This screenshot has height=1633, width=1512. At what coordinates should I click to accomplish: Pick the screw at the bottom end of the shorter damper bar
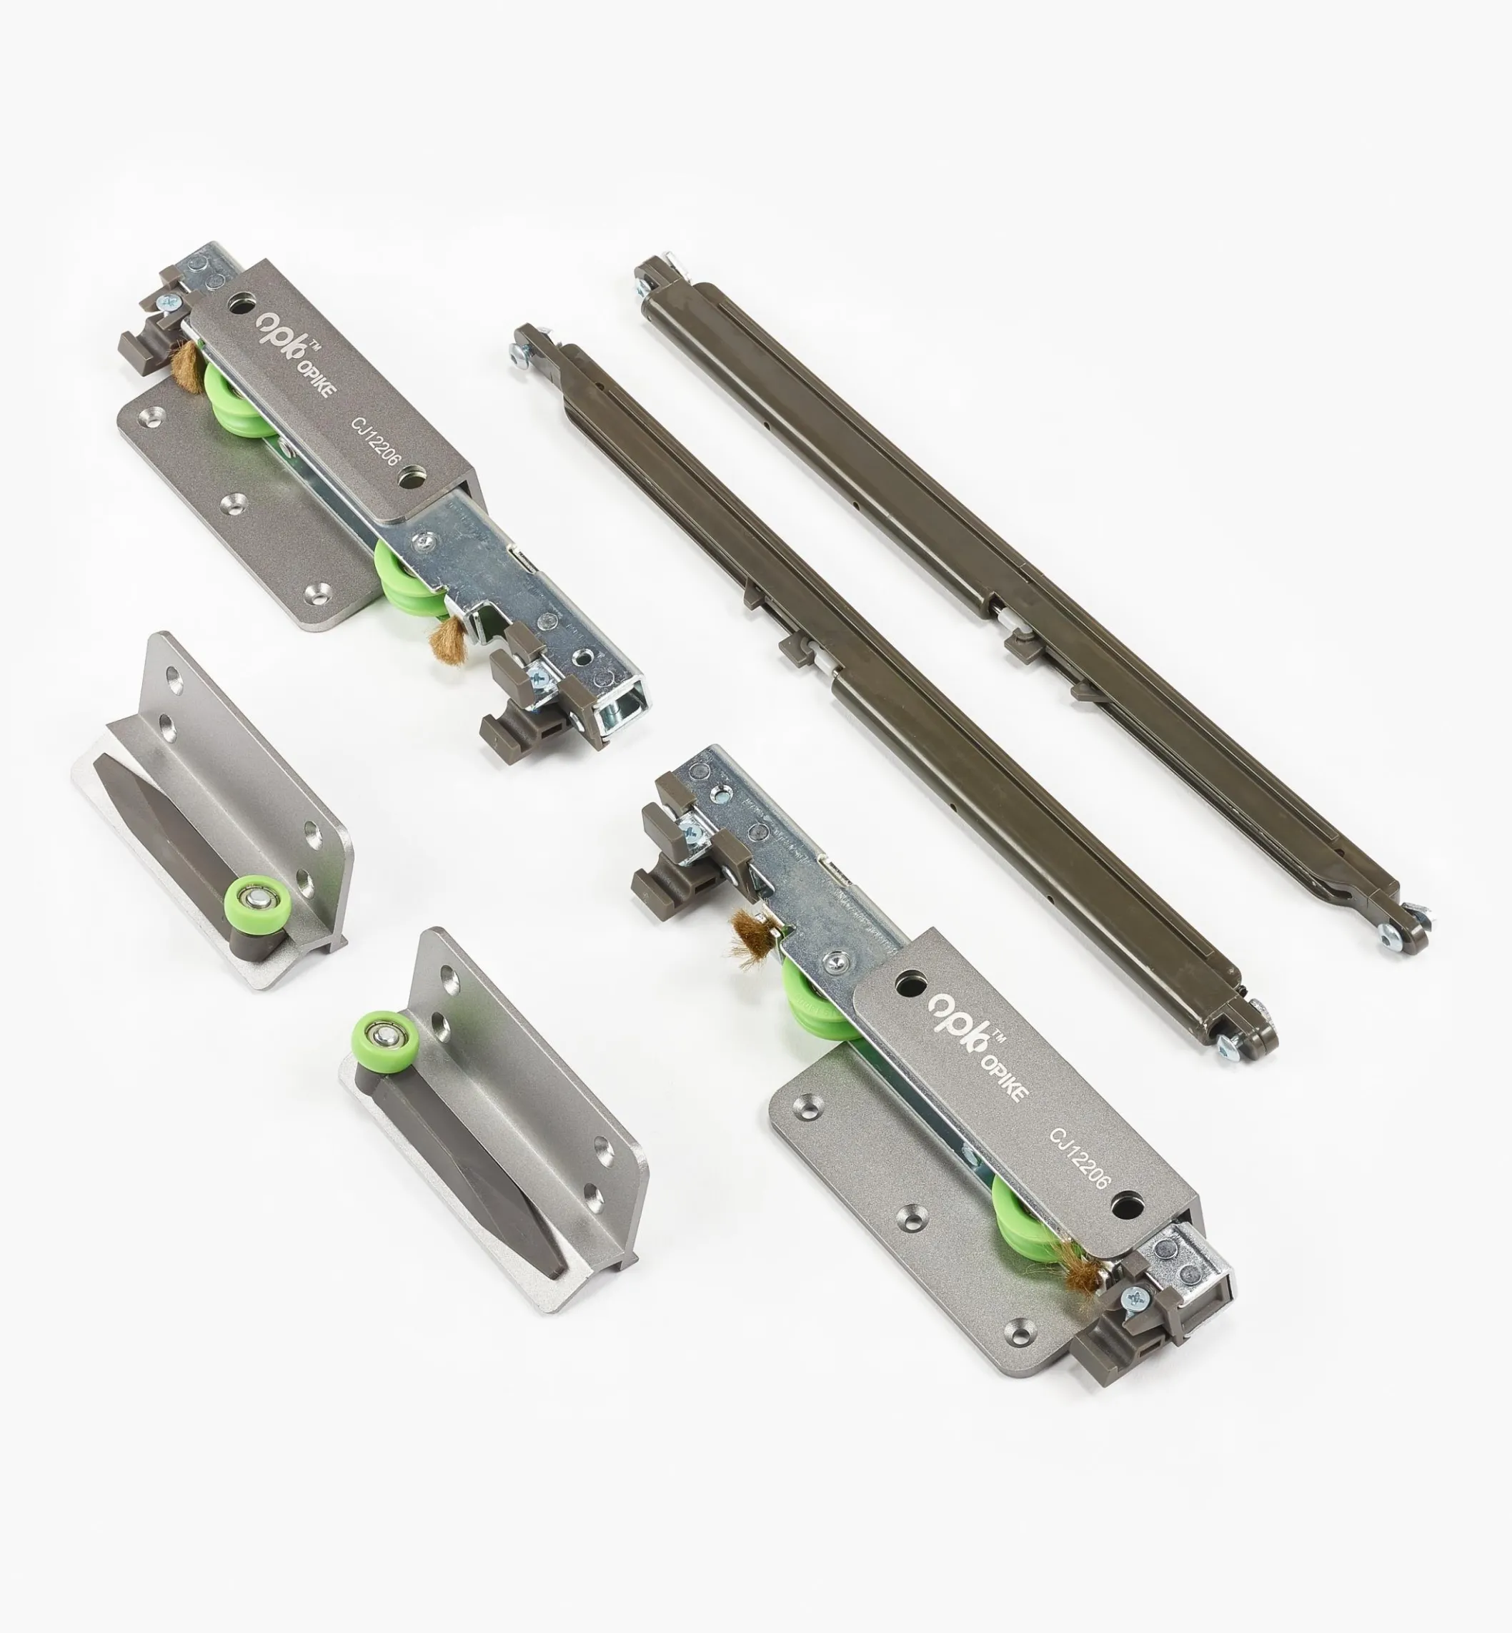(x=1228, y=1050)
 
